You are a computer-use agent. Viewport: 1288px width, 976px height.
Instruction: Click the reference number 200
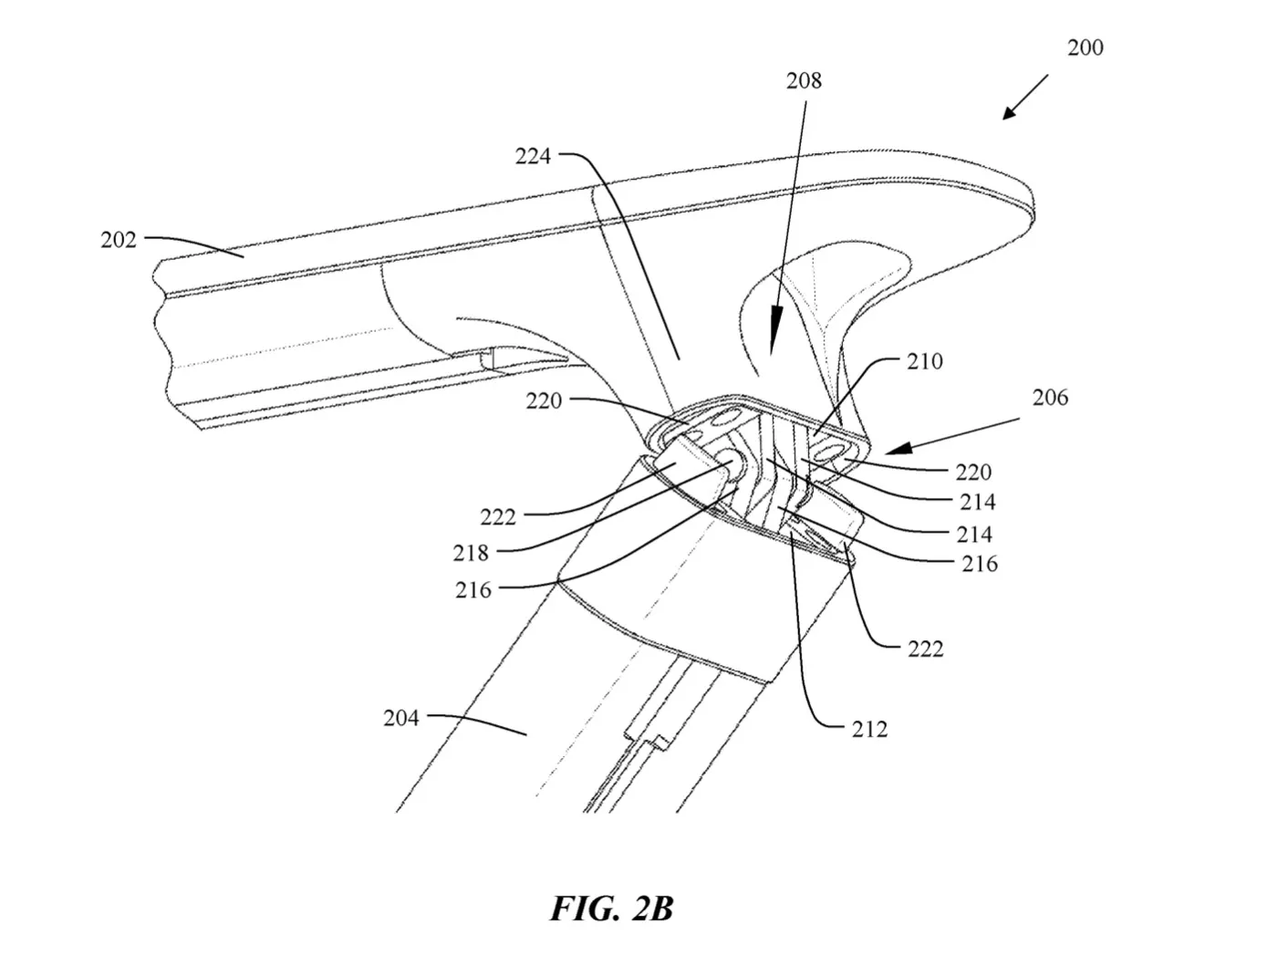click(x=1085, y=47)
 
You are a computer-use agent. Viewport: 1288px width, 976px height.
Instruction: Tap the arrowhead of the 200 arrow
click(x=1010, y=112)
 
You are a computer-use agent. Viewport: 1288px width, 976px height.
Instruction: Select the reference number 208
click(x=804, y=81)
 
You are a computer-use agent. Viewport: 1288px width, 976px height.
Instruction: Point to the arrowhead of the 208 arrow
click(x=774, y=338)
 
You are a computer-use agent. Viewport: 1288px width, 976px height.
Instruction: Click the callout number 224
click(x=533, y=157)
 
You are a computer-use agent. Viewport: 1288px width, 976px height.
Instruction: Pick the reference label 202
click(x=118, y=240)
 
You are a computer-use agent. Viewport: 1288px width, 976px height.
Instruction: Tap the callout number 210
click(x=925, y=362)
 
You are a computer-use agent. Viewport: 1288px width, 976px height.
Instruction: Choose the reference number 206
click(x=1050, y=398)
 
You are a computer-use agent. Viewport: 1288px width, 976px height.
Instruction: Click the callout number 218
click(x=470, y=553)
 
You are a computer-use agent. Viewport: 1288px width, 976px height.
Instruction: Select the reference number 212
click(x=869, y=730)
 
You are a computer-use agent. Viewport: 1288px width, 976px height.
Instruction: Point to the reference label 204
click(x=400, y=718)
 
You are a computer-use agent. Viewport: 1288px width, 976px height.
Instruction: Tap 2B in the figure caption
click(x=652, y=909)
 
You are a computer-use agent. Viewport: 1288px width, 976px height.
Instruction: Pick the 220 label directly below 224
click(x=544, y=401)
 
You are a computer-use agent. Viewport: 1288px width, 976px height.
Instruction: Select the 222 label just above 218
click(x=498, y=517)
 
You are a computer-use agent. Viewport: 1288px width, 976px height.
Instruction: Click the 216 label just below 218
click(x=473, y=590)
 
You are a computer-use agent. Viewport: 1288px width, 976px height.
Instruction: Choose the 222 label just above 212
click(x=925, y=649)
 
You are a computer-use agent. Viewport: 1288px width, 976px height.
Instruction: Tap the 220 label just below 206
click(x=973, y=472)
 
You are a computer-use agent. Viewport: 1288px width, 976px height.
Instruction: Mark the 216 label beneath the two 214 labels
click(x=980, y=564)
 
